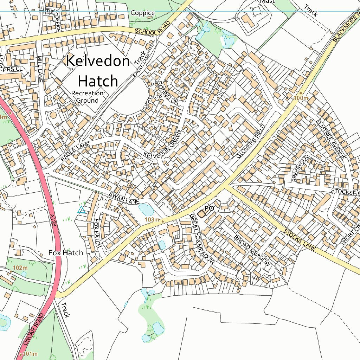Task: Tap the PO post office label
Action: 209,208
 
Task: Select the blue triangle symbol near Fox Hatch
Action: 81,210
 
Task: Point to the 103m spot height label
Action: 152,220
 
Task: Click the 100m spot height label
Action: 301,97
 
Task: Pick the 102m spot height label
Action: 20,268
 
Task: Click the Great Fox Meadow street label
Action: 202,239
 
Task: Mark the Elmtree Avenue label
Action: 330,139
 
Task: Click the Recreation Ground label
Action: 88,97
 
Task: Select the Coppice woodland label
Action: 143,13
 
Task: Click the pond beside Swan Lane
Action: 146,210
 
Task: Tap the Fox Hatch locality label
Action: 66,253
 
